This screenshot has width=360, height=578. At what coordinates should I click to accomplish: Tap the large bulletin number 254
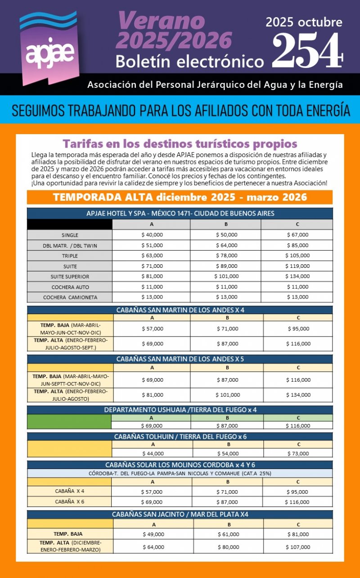click(x=307, y=50)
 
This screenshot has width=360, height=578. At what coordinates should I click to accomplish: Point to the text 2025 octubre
click(x=304, y=22)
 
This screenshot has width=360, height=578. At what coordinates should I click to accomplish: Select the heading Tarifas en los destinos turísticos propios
click(x=180, y=144)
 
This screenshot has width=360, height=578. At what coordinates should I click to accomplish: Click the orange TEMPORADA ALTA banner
click(x=180, y=197)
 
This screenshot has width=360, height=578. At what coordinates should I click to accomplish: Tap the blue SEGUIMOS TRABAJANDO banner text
click(x=180, y=110)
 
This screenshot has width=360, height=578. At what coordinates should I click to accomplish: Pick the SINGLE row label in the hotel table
click(x=70, y=235)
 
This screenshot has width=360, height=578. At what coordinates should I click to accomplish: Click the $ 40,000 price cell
click(x=152, y=235)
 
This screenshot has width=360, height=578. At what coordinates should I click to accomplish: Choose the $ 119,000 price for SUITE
click(x=297, y=266)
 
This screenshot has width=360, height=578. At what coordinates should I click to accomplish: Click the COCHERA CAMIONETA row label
click(x=69, y=297)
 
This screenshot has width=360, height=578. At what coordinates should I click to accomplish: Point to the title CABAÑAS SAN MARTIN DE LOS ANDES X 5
click(x=180, y=359)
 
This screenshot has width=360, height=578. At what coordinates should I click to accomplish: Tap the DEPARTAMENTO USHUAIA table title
click(x=180, y=410)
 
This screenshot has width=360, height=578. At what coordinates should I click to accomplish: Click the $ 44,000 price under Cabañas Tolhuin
click(x=153, y=453)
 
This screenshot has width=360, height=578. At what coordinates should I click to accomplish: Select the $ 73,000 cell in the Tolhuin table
click(x=298, y=453)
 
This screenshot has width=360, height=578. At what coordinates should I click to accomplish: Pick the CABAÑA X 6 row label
click(x=70, y=501)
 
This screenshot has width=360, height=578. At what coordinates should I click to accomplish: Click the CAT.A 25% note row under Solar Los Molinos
click(x=180, y=473)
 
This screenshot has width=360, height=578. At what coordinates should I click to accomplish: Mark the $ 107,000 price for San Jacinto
click(x=298, y=547)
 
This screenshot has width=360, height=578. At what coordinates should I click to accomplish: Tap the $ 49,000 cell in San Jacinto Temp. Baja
click(x=153, y=534)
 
